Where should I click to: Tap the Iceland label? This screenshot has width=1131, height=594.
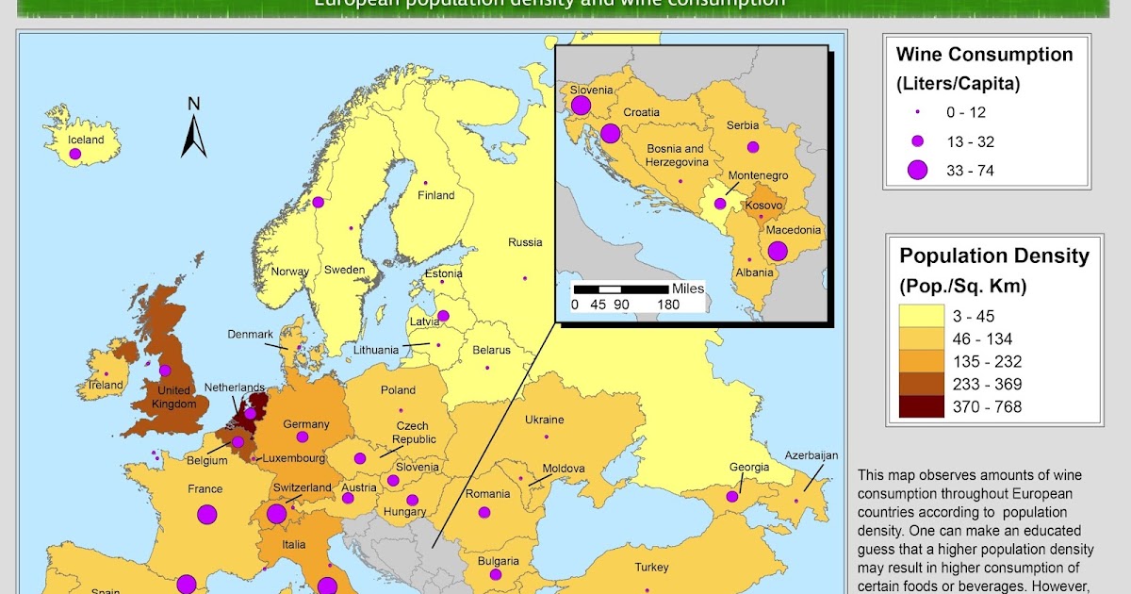coord(86,140)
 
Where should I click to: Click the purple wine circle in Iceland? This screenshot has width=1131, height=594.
coord(74,153)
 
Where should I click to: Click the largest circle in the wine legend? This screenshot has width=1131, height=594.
coord(917,171)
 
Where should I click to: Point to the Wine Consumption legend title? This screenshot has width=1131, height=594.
coord(984,55)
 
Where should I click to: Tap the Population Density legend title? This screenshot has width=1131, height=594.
coord(993,256)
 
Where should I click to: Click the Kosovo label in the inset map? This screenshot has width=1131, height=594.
coord(763,206)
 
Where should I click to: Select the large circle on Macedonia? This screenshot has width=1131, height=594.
coord(778,251)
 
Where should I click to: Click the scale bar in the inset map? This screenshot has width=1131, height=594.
coord(622,288)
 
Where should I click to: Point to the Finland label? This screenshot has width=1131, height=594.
coord(436,196)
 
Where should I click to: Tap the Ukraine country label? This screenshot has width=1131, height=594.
coord(544,420)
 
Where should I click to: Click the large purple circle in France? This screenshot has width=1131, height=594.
coord(207,515)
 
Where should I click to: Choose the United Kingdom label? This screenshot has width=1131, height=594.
coord(173,397)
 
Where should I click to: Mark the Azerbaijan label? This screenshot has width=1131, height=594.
coord(811,455)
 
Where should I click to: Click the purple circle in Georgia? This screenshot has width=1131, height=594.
coord(731,496)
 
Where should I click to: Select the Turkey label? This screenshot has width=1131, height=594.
coord(651,568)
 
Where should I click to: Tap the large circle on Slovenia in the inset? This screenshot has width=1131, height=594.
coord(581,105)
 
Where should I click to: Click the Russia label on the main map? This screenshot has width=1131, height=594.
coord(525,242)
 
